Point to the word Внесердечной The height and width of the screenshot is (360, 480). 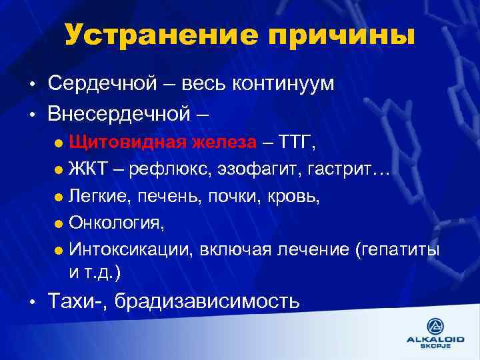click(x=119, y=113)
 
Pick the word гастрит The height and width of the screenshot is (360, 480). click(x=346, y=169)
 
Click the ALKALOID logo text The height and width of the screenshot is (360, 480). click(x=436, y=339)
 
